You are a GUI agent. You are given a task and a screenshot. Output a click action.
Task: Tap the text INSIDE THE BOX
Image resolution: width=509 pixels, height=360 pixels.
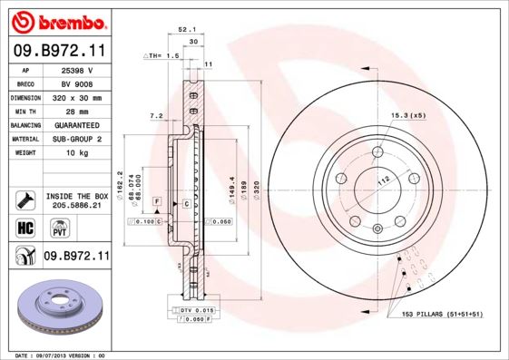tap(76, 196)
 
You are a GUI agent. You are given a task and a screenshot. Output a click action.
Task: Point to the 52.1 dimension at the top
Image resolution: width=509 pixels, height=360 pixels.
tap(188, 30)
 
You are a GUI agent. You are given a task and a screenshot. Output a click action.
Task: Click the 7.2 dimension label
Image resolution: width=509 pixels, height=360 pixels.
tap(155, 116)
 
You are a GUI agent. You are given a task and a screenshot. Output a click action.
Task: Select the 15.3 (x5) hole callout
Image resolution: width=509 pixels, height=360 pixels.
tap(408, 115)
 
